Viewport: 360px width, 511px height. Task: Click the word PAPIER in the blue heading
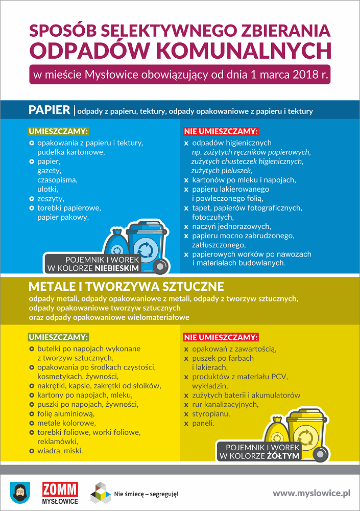point(50,110)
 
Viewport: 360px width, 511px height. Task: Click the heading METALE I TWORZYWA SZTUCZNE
point(126,286)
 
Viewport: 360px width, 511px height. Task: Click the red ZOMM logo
point(60,489)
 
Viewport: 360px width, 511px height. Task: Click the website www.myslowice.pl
point(311,493)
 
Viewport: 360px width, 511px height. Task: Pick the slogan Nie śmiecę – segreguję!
point(146,494)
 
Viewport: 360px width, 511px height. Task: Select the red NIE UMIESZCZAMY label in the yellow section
point(221,337)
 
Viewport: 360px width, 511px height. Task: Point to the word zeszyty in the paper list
point(47,198)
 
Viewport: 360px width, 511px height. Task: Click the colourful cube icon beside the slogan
point(100,493)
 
